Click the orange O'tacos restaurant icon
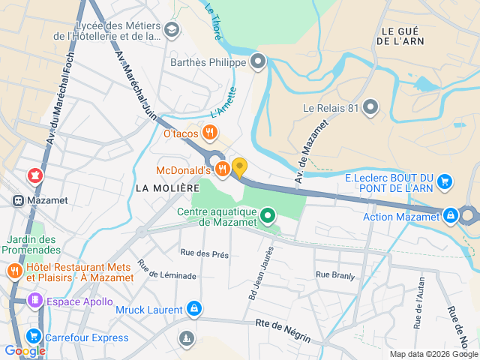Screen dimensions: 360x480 pos(209,133)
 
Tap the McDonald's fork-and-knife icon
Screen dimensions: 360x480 pos(222,170)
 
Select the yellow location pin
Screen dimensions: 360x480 pos(239,167)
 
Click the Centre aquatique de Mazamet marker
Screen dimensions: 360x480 pos(268,218)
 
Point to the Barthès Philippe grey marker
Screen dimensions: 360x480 pos(259,62)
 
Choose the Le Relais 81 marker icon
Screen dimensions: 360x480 pos(370,107)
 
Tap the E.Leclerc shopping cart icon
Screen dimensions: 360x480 pos(445,181)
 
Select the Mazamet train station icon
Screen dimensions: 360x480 pos(16,201)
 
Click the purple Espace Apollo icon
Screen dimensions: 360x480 pos(34,301)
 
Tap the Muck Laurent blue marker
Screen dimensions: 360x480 pos(194,309)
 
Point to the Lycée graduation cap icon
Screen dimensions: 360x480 pos(172,30)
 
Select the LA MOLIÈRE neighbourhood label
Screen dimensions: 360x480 pos(168,187)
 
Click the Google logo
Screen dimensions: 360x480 pos(25,350)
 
